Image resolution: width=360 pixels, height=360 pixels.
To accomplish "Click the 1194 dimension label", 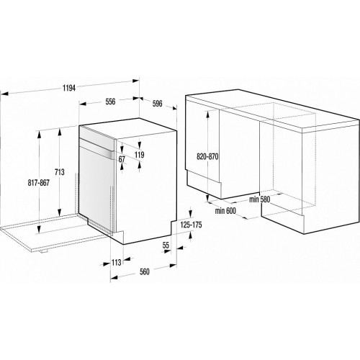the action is (69, 89).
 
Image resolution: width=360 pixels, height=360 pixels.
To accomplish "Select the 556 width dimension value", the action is (110, 102).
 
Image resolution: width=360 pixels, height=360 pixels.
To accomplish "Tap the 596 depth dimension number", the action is (157, 104).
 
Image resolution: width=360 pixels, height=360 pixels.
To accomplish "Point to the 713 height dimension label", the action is (60, 172).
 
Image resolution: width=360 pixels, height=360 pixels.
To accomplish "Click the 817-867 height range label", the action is (38, 183).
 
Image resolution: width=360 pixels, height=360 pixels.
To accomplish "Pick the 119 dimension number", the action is (139, 155).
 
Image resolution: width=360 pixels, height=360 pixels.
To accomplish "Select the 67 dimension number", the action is (122, 159).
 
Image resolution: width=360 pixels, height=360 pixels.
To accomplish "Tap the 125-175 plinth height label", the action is (192, 225).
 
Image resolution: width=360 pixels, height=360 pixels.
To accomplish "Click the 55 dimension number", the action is (166, 246).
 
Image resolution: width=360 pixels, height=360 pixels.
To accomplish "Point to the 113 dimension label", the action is (116, 263).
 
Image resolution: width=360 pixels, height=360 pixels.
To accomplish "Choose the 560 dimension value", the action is (144, 271).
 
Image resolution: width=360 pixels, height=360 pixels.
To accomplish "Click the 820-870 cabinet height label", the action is (207, 157).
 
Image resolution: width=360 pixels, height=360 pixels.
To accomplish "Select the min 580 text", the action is (260, 199).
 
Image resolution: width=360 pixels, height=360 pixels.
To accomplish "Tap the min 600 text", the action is (225, 211).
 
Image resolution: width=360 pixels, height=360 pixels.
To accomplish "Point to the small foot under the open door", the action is (44, 251).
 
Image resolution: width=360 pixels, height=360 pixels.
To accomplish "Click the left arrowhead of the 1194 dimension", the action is (4, 94).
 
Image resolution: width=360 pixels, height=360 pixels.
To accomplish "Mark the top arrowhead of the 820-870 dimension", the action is (207, 114).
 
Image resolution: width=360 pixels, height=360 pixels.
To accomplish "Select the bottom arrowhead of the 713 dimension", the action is (59, 212).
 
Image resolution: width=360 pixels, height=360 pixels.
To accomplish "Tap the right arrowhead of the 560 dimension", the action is (173, 266).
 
